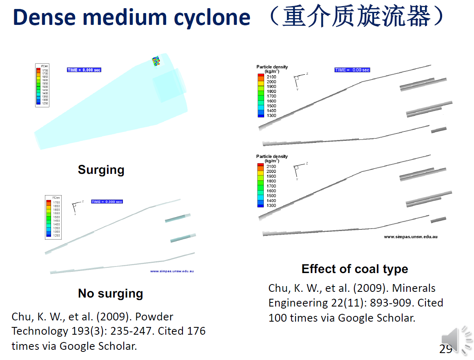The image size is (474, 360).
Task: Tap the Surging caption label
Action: [x=101, y=170]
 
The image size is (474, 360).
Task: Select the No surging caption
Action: [x=110, y=293]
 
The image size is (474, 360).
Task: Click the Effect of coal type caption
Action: [x=354, y=269]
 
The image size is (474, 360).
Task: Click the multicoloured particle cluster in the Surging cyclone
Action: [x=156, y=61]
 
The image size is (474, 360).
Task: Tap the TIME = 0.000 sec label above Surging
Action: [x=84, y=70]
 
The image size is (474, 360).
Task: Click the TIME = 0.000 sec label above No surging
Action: [x=107, y=202]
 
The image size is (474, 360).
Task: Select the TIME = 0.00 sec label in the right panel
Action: [x=352, y=70]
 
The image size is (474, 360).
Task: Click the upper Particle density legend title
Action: [x=272, y=67]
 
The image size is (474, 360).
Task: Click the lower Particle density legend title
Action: [x=272, y=157]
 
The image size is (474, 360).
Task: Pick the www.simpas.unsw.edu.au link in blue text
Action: [x=171, y=271]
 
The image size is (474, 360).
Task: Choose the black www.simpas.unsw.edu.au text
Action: [x=410, y=237]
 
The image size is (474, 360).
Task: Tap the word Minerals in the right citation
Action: [x=414, y=288]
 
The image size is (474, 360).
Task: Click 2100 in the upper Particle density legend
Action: [x=271, y=77]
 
